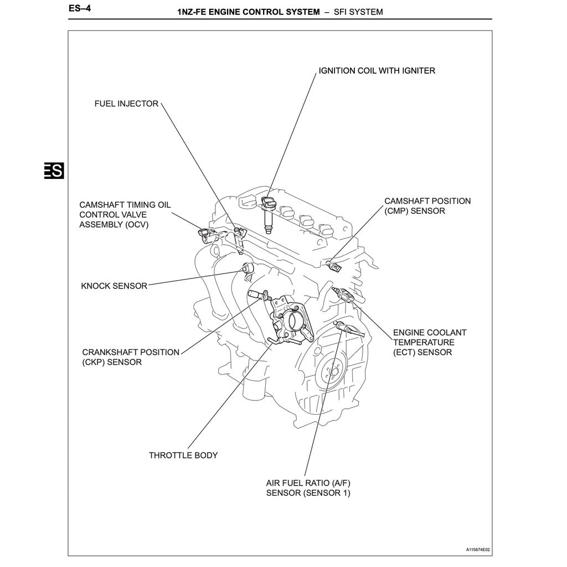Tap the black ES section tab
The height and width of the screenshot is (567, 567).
click(54, 171)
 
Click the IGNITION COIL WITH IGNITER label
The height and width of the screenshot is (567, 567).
click(377, 71)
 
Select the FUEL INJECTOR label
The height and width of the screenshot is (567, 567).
click(126, 104)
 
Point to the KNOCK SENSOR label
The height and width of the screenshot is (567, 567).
click(114, 286)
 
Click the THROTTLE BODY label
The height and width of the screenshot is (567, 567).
click(183, 455)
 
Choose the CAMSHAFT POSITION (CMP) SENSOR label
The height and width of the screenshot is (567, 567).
click(427, 206)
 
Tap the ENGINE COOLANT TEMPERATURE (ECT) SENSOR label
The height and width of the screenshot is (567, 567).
click(429, 342)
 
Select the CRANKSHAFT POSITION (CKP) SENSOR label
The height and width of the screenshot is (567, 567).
click(131, 357)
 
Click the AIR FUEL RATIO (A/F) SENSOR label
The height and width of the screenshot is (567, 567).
click(308, 487)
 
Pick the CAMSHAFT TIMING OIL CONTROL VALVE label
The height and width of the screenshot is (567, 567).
click(125, 215)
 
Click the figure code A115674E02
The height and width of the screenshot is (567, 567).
click(478, 550)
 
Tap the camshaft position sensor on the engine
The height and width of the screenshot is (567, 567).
click(336, 266)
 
